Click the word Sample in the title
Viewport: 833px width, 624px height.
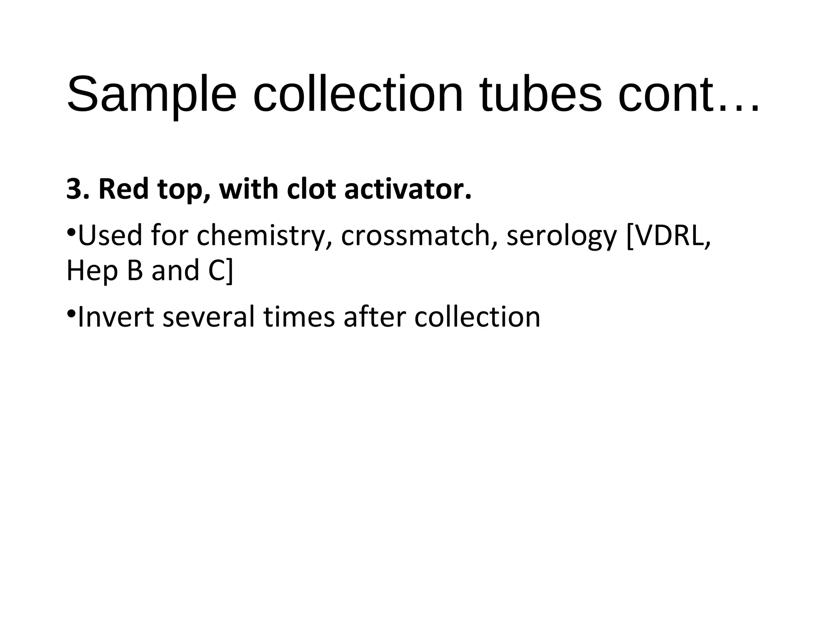coord(151,95)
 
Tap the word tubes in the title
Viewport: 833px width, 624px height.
coord(541,95)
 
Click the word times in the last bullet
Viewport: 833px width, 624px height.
coord(299,317)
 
